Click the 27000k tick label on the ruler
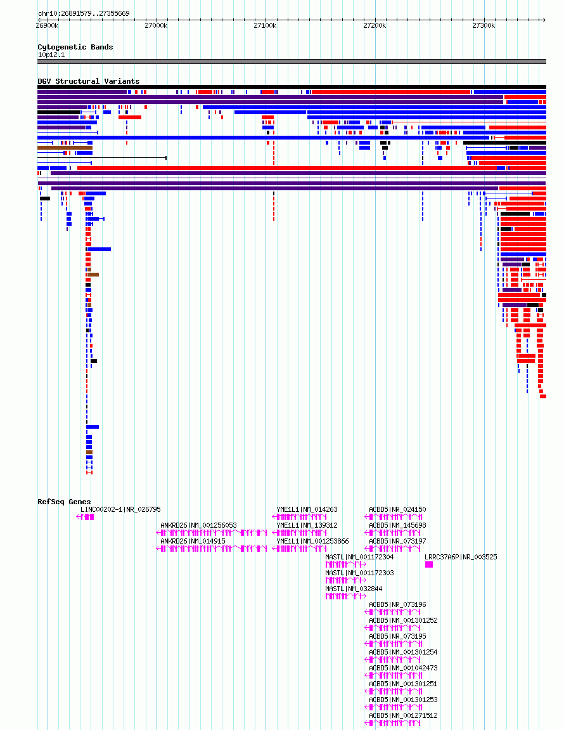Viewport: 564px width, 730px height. (156, 25)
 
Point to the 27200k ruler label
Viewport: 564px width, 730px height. (375, 25)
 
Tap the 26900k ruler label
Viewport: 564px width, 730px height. (47, 25)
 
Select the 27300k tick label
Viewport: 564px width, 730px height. (484, 25)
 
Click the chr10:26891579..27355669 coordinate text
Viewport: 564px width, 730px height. (84, 13)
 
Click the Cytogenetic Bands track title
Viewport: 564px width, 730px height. (75, 47)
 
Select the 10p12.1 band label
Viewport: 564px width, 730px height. (51, 55)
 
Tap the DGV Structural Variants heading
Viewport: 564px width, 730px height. (89, 81)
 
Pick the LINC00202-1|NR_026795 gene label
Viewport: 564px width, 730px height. (120, 510)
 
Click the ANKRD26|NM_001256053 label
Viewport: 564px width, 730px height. (199, 526)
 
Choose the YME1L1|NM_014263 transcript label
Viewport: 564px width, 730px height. (307, 510)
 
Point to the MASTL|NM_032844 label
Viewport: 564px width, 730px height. (354, 589)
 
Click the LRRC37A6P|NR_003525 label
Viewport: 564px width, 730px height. (461, 557)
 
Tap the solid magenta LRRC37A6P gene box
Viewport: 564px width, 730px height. (429, 564)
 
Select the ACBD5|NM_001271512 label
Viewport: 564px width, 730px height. (404, 715)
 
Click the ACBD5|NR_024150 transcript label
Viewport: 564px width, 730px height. (397, 510)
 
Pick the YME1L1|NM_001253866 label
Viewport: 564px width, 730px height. (312, 542)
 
